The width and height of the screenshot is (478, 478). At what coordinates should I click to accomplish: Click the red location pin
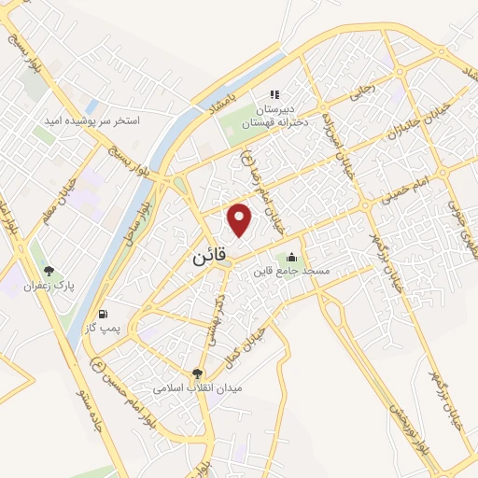click(241, 218)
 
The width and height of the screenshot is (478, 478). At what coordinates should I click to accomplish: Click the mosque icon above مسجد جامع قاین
click(293, 257)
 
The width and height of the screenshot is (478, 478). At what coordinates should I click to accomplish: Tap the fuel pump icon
click(102, 313)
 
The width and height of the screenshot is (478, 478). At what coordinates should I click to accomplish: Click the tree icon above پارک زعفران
click(38, 246)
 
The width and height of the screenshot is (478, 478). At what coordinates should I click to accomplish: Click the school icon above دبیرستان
click(274, 94)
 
